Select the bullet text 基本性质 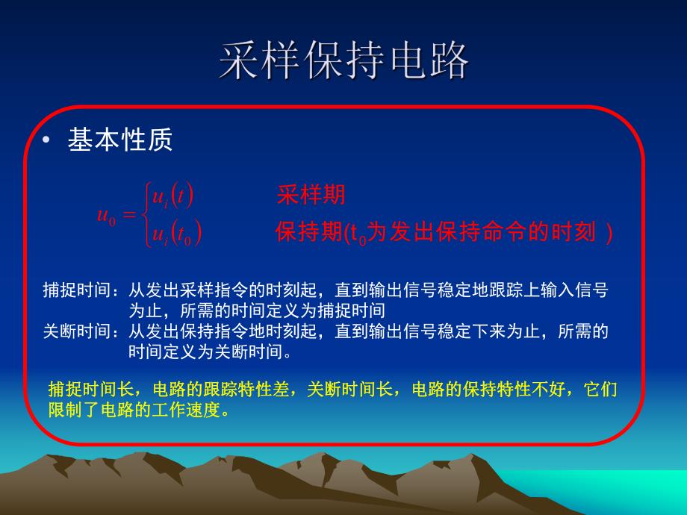[120, 140]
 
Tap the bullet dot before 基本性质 [48, 140]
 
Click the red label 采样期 [311, 196]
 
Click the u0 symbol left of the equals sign [107, 216]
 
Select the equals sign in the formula [130, 216]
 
